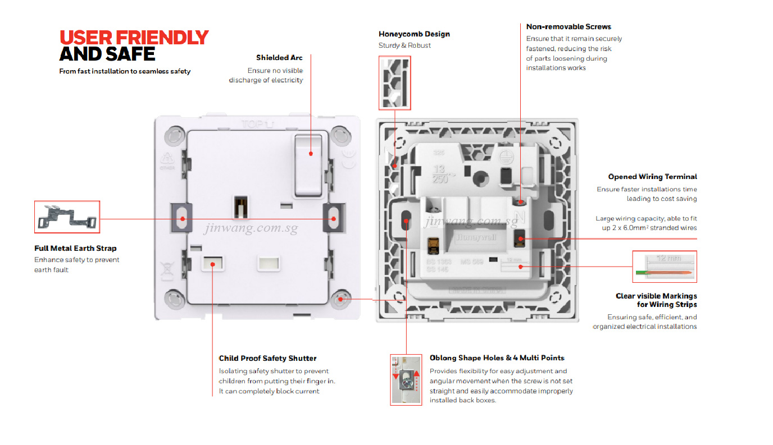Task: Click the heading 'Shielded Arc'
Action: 279,58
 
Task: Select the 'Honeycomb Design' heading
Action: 414,34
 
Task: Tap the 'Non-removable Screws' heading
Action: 569,27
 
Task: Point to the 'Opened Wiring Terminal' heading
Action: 652,177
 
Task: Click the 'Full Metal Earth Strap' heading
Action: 75,249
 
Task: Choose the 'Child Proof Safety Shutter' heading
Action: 267,359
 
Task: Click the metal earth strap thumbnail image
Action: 67,217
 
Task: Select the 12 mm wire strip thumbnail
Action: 665,267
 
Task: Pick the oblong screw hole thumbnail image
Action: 406,379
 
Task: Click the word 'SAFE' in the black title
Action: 131,54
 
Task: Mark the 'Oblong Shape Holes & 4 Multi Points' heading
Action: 497,358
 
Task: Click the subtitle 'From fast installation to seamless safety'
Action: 125,72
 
